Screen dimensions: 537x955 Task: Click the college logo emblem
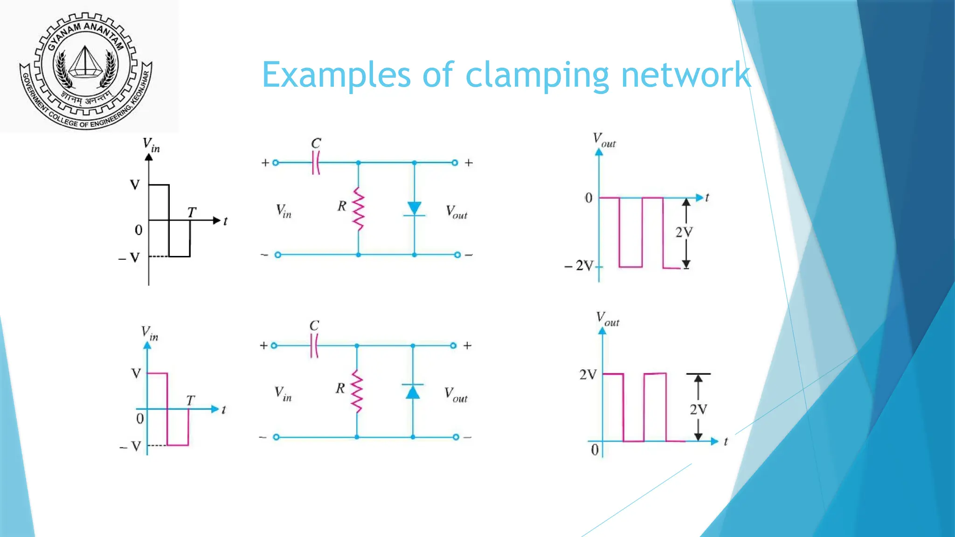[86, 70]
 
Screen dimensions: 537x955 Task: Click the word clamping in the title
[537, 76]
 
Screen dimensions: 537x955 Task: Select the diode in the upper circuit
[414, 209]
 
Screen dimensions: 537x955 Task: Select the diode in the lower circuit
[413, 392]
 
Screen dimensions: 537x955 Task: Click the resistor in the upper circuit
[358, 208]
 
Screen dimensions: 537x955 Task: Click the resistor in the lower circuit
[357, 392]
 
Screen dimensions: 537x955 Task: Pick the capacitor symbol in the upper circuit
[316, 163]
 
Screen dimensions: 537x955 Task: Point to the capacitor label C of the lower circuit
[314, 325]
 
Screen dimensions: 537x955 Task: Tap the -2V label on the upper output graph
[579, 266]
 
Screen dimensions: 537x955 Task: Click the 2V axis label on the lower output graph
[588, 375]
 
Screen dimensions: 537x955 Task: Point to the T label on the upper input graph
[192, 213]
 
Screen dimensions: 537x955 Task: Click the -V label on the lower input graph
[131, 447]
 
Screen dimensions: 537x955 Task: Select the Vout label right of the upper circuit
[457, 212]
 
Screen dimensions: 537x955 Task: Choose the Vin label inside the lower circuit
[283, 394]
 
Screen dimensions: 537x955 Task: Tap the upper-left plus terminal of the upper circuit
[275, 163]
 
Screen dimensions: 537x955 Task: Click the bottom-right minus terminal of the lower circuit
[456, 437]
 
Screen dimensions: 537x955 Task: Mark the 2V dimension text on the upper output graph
[684, 232]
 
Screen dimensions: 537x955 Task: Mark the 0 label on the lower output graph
[595, 450]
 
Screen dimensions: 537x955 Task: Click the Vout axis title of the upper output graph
[604, 140]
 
